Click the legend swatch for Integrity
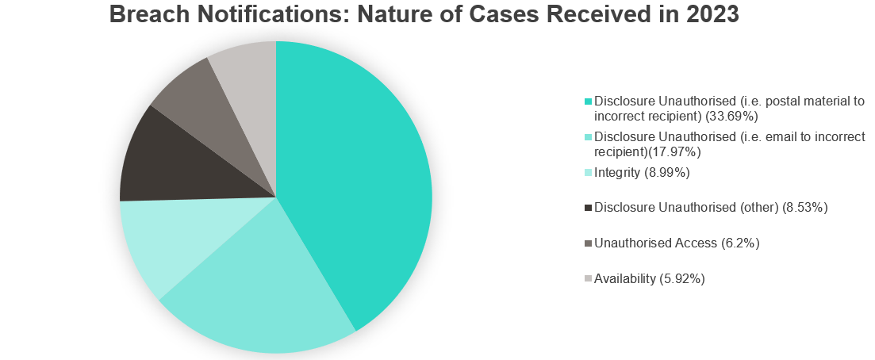[588, 173]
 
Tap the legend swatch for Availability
[588, 278]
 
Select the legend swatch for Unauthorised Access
[588, 243]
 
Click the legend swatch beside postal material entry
[588, 101]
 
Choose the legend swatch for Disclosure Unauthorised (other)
[588, 209]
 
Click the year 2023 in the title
[712, 14]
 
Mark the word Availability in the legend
[625, 278]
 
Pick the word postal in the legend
[779, 102]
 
